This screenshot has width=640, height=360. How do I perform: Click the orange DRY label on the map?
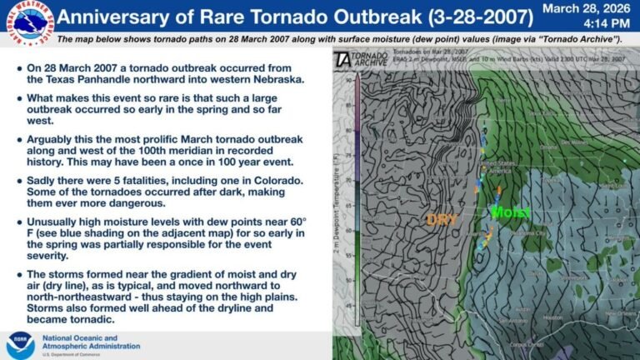442,219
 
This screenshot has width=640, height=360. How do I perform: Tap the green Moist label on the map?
510,212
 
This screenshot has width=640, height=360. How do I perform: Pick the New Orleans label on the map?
620,313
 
